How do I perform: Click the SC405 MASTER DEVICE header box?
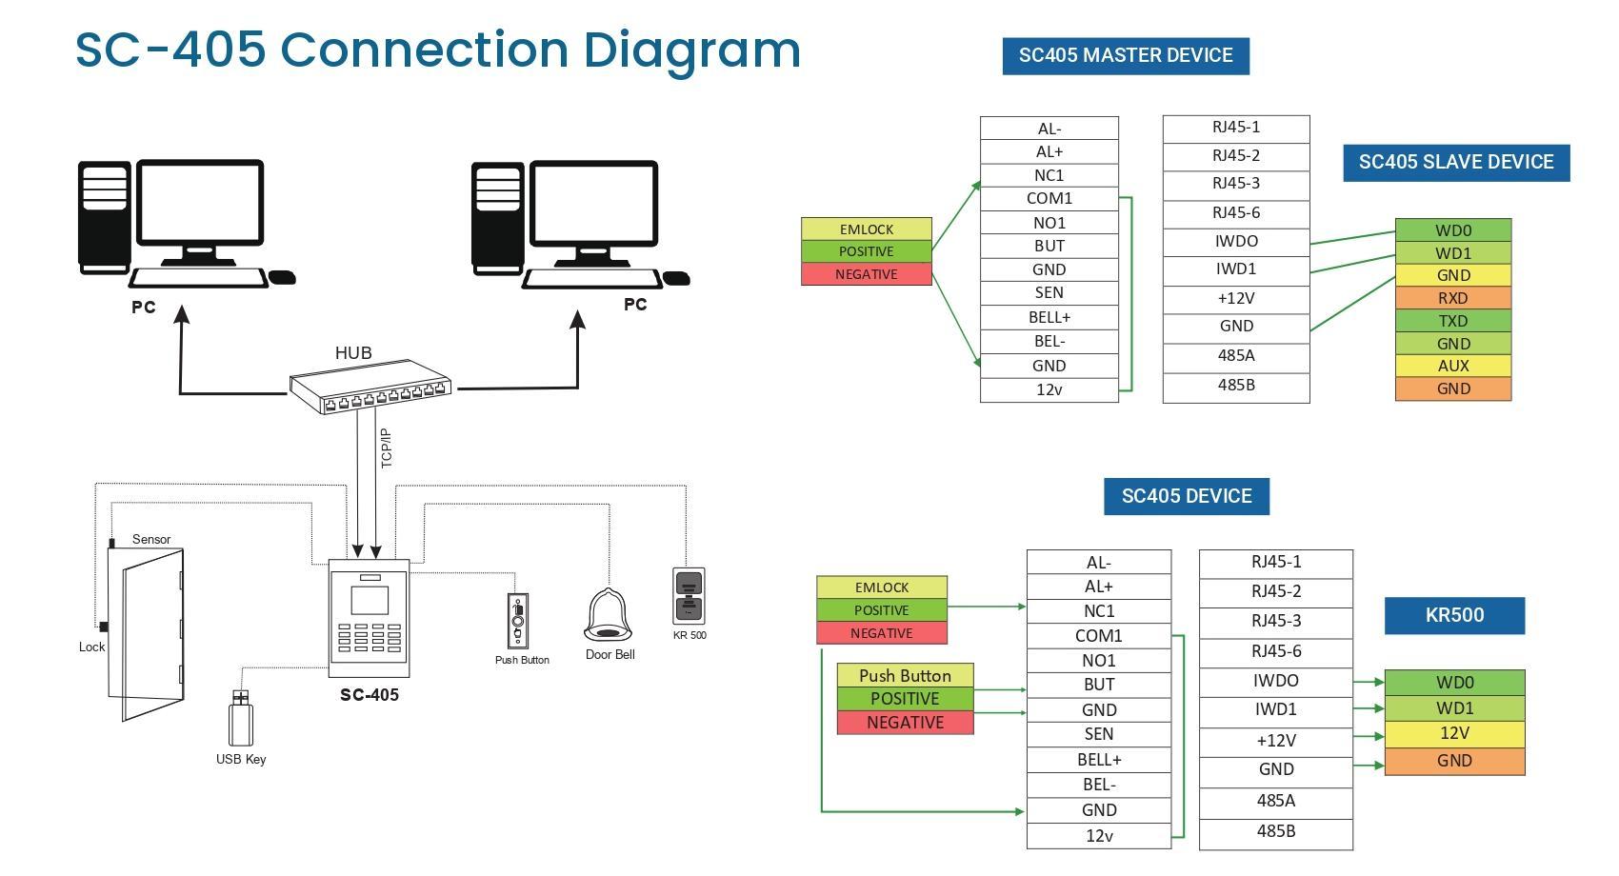(x=1126, y=56)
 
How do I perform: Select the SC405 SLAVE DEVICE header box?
(x=1456, y=163)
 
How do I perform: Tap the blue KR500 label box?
(x=1454, y=616)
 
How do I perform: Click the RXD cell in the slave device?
(x=1453, y=298)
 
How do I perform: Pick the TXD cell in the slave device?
(x=1453, y=321)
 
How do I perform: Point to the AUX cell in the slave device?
(x=1453, y=366)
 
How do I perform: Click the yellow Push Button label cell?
(x=905, y=676)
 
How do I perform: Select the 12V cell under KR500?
(x=1454, y=734)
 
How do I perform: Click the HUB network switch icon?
(x=370, y=388)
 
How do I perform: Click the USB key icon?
(x=241, y=719)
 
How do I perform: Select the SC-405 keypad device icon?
(x=369, y=618)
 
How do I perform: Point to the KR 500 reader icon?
(x=689, y=596)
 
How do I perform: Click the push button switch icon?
(x=518, y=622)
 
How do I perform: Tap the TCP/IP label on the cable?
(x=387, y=448)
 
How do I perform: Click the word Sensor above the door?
(x=151, y=540)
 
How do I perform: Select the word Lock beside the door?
(x=91, y=647)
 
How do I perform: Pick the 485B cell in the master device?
(x=1236, y=386)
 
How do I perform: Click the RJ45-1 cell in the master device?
(x=1236, y=128)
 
